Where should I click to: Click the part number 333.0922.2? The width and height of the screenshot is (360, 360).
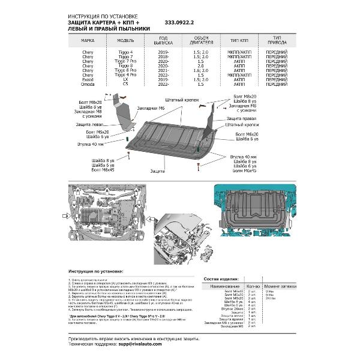coord(179,23)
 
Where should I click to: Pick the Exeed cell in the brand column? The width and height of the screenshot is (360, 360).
coord(88,79)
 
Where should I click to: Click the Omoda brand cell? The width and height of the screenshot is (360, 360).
coord(88,84)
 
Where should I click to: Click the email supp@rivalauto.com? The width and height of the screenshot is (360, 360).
coord(139,345)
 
